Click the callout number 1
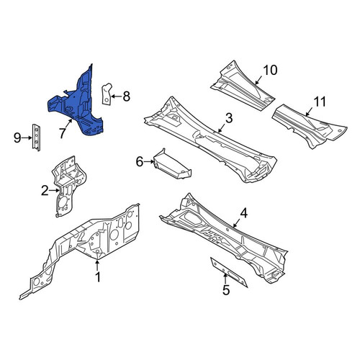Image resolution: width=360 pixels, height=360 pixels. [98, 277]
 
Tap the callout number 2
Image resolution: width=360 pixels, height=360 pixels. [45, 191]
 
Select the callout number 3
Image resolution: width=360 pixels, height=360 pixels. [229, 118]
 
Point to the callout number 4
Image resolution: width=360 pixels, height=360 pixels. [244, 213]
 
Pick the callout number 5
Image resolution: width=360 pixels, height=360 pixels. [226, 290]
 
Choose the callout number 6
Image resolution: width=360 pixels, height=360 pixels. [140, 162]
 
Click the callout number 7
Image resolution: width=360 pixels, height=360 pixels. [63, 133]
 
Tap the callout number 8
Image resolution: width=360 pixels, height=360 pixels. [127, 96]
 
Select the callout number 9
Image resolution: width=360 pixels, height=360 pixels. [17, 138]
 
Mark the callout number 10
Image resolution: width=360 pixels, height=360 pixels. [270, 70]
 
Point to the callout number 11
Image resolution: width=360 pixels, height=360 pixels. [320, 102]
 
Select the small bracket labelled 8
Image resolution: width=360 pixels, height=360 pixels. [107, 94]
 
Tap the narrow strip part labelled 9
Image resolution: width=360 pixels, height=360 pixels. [36, 138]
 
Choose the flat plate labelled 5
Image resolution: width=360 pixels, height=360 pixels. [228, 272]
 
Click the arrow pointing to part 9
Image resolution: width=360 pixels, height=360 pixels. [27, 138]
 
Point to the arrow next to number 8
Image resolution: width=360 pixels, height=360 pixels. [117, 96]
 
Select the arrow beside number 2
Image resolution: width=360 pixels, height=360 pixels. [54, 191]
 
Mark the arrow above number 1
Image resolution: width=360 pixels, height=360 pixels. [97, 266]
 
